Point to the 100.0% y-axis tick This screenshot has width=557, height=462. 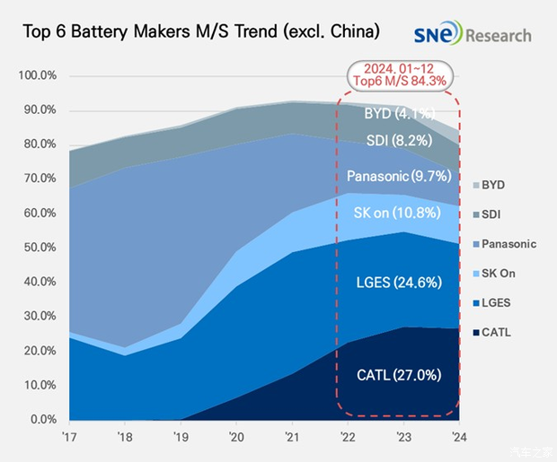click(x=38, y=76)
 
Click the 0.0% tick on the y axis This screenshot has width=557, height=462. click(x=42, y=419)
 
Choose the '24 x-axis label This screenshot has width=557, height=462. click(x=458, y=439)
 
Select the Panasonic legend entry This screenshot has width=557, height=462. click(x=509, y=243)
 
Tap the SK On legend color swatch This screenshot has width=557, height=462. click(x=473, y=273)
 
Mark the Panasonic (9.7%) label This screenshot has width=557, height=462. click(x=398, y=176)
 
